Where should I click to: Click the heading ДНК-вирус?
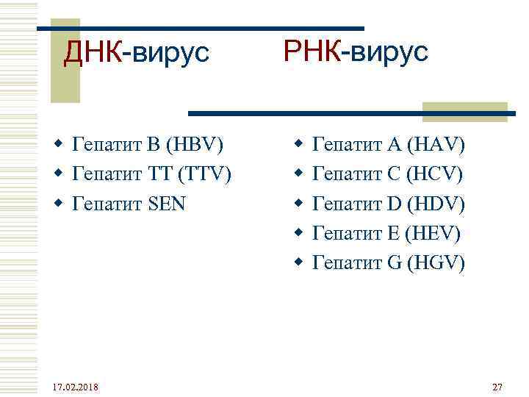[137, 52]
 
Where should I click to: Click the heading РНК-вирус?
[355, 52]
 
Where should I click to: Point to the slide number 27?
[497, 387]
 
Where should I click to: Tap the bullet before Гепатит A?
[298, 144]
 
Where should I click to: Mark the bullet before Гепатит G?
[298, 262]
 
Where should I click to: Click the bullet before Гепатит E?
[298, 232]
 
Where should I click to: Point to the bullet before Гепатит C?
[298, 174]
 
